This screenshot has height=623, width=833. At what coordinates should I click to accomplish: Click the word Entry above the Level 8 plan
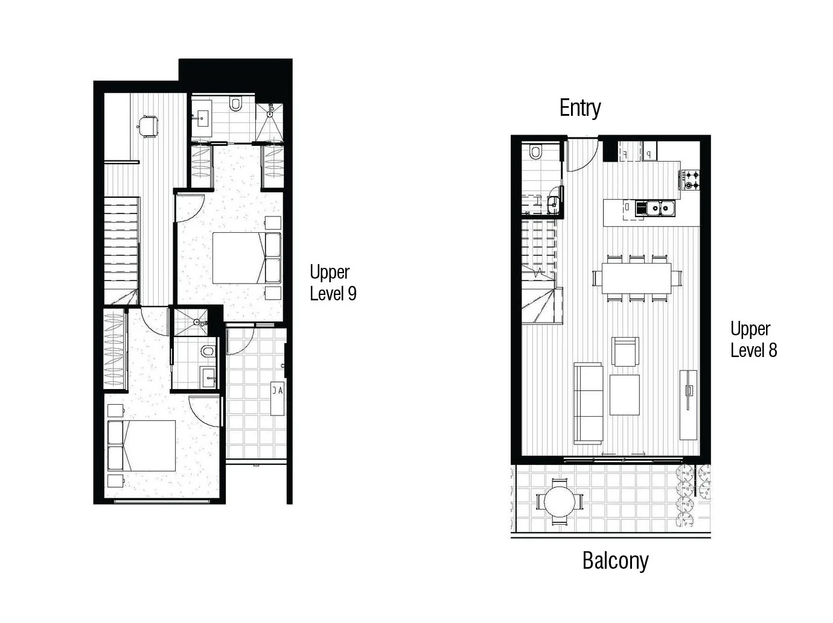[x=580, y=109]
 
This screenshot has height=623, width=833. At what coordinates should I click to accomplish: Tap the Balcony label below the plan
[x=615, y=561]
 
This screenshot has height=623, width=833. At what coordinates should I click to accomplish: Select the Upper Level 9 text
[x=333, y=282]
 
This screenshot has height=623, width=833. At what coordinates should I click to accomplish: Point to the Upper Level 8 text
[x=753, y=340]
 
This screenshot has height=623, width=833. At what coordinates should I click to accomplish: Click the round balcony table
[x=560, y=502]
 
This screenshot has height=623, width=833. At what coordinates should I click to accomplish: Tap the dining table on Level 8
[x=636, y=278]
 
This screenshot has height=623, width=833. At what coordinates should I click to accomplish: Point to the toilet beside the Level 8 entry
[x=535, y=151]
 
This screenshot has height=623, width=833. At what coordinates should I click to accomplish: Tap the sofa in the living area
[x=588, y=403]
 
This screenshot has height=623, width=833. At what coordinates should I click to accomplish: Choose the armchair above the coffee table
[x=625, y=352]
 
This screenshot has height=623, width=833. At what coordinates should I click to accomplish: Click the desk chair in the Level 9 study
[x=148, y=125]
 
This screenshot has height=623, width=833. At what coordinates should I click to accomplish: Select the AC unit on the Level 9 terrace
[x=278, y=399]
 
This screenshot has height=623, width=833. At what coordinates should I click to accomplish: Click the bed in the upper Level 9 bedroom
[x=247, y=258]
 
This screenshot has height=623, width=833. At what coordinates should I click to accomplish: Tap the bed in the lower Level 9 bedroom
[x=142, y=446]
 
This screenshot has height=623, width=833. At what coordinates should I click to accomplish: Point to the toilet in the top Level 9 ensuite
[x=235, y=103]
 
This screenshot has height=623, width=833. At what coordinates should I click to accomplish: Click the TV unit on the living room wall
[x=688, y=405]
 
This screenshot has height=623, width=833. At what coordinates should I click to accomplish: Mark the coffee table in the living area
[x=624, y=395]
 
